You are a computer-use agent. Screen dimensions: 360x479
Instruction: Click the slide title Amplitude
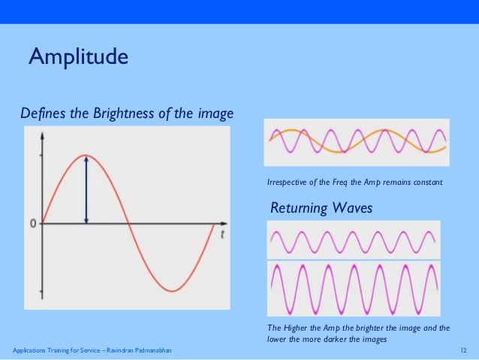(78, 57)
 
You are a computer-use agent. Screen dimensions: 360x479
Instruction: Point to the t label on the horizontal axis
(224, 234)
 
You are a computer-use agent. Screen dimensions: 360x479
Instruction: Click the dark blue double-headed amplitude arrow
(87, 189)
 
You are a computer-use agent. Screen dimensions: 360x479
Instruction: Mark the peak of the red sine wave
(87, 156)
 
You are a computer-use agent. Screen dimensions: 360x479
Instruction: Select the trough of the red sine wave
(172, 290)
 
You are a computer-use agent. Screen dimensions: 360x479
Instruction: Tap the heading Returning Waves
(321, 208)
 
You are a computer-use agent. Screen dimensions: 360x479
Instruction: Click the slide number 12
(463, 351)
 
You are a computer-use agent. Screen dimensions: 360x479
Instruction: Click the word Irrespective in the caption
(286, 183)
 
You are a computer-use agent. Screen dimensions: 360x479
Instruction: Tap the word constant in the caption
(426, 183)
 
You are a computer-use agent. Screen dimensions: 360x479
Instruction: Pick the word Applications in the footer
(29, 351)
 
